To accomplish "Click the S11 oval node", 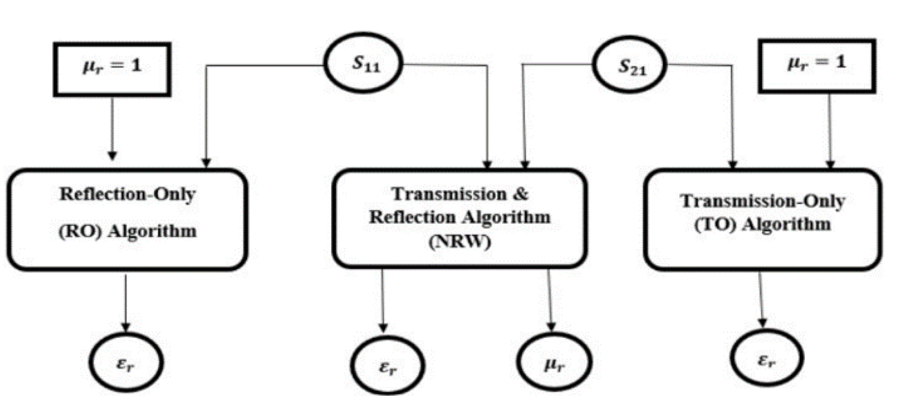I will (364, 63).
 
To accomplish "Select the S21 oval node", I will (630, 65).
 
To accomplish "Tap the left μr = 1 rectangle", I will (112, 69).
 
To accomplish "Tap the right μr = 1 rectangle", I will (817, 66).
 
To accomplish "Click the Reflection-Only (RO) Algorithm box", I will (127, 219).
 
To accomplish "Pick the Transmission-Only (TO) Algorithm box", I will (763, 219).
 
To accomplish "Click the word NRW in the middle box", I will (460, 242).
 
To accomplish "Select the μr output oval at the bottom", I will (554, 362).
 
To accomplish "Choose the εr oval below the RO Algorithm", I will (126, 362).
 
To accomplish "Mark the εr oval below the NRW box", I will (388, 365).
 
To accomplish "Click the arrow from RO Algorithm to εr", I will (125, 301).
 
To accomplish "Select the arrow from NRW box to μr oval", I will (550, 298).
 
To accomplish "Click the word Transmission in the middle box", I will (449, 194).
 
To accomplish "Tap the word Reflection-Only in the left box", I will (127, 194).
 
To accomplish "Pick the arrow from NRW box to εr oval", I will (382, 298).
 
